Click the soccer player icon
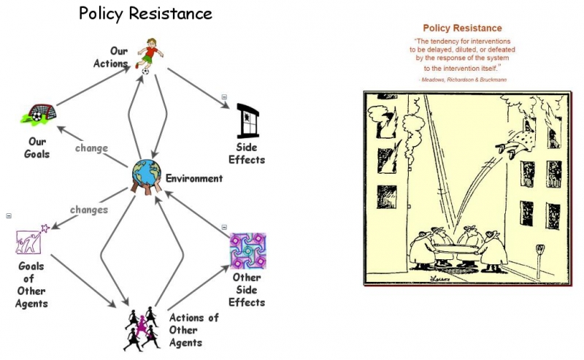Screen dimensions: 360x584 [149, 57]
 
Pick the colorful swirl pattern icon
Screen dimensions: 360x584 [247, 251]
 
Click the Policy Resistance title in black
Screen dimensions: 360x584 [146, 14]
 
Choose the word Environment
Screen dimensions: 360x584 [193, 178]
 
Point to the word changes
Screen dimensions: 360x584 [89, 210]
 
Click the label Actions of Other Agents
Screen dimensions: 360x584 [193, 330]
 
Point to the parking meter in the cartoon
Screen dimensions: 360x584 [540, 257]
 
